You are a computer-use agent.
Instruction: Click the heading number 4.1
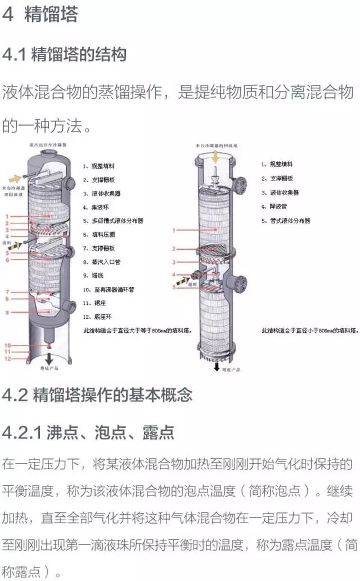coord(14,55)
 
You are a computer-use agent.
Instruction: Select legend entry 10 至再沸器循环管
coord(109,289)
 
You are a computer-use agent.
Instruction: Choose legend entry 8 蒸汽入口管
coord(102,262)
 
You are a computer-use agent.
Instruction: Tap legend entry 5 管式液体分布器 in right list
coord(286,221)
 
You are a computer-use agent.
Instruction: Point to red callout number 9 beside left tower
coord(7,312)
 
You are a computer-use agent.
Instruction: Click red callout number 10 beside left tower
coord(8,345)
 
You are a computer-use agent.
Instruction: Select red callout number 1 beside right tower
coord(174,230)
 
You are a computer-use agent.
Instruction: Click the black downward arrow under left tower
coord(49,358)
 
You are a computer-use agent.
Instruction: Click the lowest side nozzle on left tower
coord(70,306)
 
